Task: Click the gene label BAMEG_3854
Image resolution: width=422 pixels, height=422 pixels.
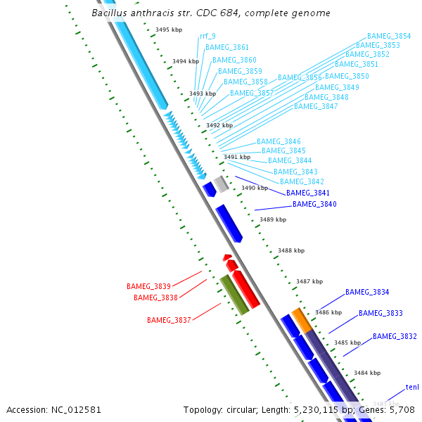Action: pyautogui.click(x=389, y=36)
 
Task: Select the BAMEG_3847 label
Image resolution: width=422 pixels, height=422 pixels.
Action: pyautogui.click(x=316, y=107)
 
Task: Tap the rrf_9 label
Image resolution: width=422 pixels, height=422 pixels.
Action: pyautogui.click(x=207, y=36)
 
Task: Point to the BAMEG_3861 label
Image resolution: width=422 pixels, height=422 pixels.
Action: pyautogui.click(x=226, y=48)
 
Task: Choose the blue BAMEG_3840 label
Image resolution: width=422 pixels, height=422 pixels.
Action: pyautogui.click(x=314, y=205)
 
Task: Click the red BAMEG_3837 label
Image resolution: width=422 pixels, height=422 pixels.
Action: pyautogui.click(x=169, y=321)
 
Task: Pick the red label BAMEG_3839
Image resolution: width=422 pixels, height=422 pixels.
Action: pyautogui.click(x=148, y=287)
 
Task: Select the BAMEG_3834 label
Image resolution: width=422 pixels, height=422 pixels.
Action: pyautogui.click(x=367, y=292)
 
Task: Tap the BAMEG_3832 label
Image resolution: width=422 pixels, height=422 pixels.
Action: pyautogui.click(x=395, y=337)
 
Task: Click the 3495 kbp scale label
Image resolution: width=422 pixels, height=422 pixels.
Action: pyautogui.click(x=169, y=30)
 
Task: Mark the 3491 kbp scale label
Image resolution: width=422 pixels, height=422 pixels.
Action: pyautogui.click(x=236, y=158)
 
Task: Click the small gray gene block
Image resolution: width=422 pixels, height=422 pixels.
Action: pyautogui.click(x=221, y=184)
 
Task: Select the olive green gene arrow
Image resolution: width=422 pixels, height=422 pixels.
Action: pyautogui.click(x=234, y=295)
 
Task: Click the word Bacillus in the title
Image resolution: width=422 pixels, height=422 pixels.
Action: pyautogui.click(x=110, y=13)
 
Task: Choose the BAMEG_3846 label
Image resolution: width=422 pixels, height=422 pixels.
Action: pyautogui.click(x=279, y=141)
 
